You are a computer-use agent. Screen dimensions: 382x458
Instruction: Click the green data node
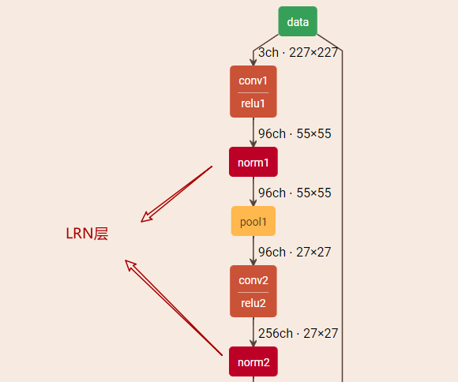point(298,21)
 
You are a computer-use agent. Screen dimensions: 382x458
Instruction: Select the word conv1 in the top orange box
point(253,81)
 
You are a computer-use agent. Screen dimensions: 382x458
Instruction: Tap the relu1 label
point(253,103)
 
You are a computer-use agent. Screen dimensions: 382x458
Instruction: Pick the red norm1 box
point(253,162)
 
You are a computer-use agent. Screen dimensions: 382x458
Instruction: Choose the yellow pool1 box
point(253,221)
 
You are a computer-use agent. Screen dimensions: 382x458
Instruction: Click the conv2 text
point(253,280)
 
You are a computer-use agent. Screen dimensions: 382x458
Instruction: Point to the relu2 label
point(253,303)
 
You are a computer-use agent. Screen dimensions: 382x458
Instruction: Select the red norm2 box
point(253,362)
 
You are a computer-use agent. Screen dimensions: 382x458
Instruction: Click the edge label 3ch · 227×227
point(298,54)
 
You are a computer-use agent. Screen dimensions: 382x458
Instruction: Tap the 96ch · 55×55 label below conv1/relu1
point(295,133)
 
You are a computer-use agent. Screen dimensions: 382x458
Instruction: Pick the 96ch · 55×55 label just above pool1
point(295,193)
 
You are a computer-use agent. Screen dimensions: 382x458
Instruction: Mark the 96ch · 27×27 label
point(295,252)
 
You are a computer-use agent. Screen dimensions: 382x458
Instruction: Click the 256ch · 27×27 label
point(298,333)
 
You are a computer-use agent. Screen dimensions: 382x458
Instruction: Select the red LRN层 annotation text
point(87,234)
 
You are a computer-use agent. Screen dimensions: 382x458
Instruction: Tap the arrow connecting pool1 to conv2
point(253,251)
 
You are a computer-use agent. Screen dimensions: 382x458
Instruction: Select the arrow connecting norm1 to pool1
point(253,192)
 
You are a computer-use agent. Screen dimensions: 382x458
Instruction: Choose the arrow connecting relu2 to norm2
point(253,332)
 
